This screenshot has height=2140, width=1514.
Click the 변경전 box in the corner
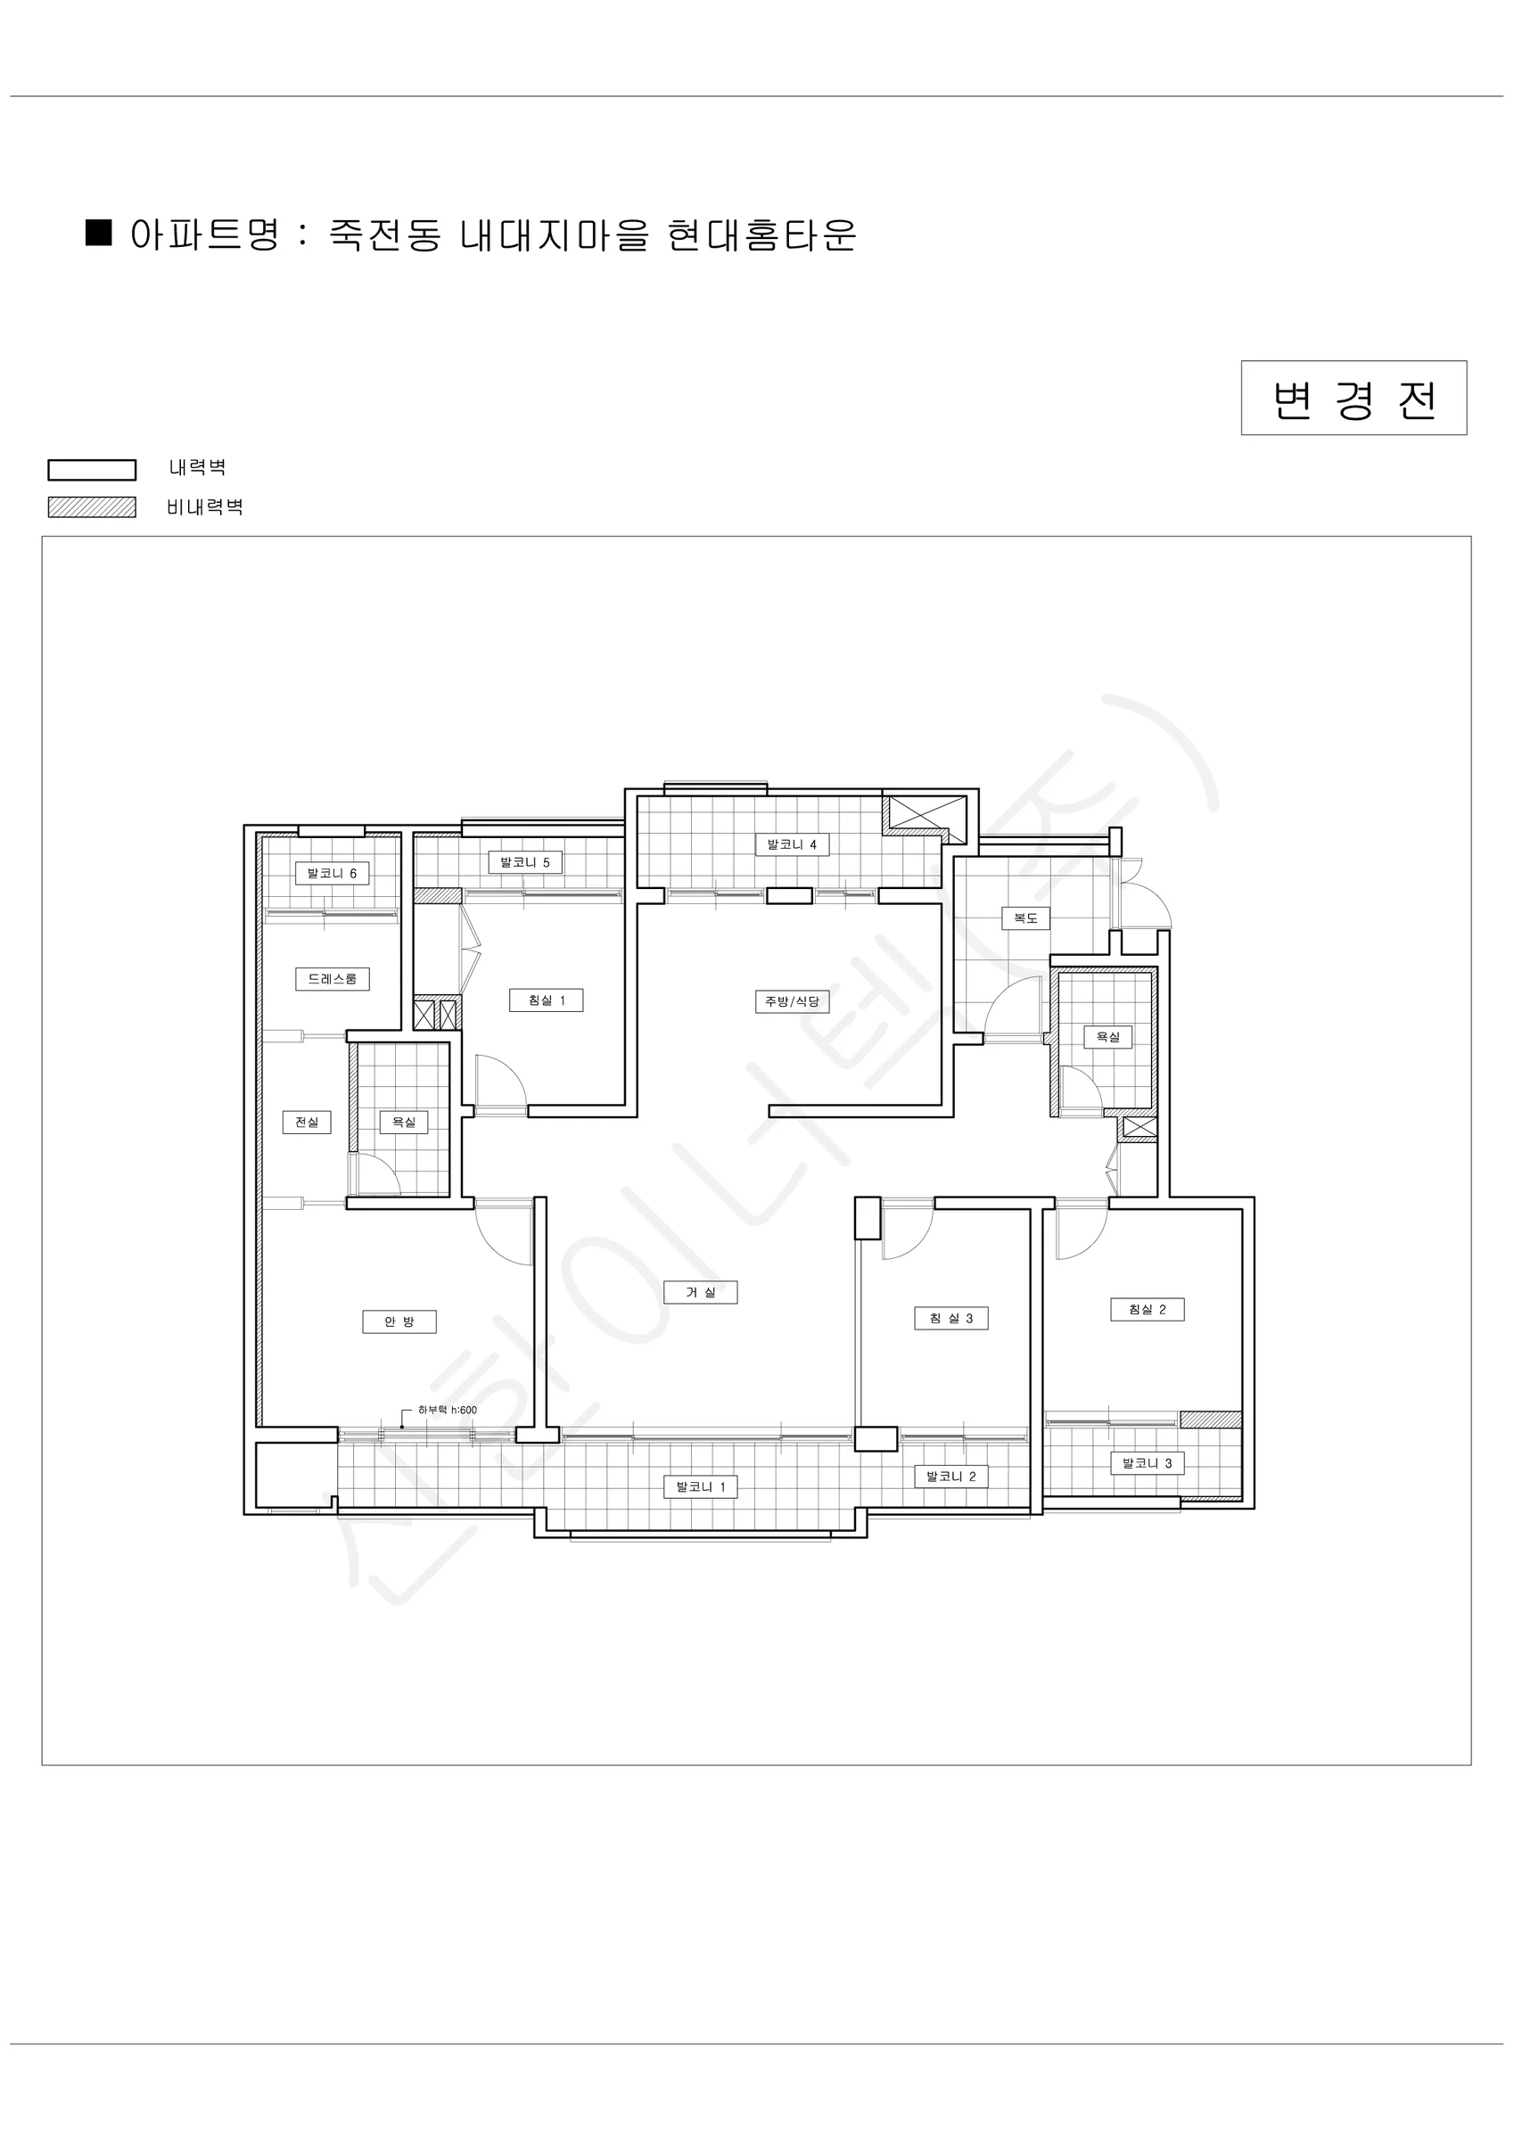point(1354,398)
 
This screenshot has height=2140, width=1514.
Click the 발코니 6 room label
point(332,873)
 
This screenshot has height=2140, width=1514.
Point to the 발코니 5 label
point(525,862)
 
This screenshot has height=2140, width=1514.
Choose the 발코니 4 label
point(792,844)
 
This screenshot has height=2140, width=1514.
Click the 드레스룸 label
point(332,979)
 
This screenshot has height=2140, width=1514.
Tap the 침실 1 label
point(547,1000)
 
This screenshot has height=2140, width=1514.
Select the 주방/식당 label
point(792,1001)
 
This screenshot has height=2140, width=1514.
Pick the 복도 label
point(1025,918)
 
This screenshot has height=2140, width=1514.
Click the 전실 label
point(307,1123)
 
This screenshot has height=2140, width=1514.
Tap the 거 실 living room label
point(700,1292)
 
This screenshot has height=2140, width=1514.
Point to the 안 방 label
point(399,1321)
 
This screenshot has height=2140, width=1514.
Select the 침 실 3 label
point(950,1318)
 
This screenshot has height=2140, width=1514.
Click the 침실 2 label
point(1148,1310)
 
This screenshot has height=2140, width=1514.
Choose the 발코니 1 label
point(700,1486)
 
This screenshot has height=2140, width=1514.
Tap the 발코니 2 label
point(950,1477)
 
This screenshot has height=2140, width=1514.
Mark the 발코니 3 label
point(1148,1463)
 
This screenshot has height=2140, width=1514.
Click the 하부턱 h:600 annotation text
point(448,1411)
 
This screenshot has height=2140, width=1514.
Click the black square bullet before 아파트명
point(99,232)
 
